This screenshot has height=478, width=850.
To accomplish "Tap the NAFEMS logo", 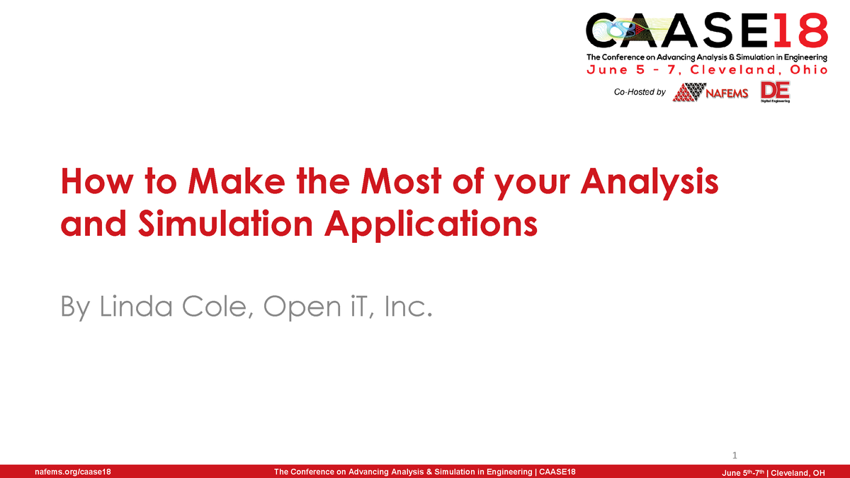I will pos(710,93).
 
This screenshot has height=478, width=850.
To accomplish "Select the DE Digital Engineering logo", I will pos(775,92).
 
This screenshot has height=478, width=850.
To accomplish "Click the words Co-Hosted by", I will pos(640,92).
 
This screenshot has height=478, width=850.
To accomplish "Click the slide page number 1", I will pos(735,455).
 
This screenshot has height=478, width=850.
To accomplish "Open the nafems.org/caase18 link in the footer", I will pos(67,472).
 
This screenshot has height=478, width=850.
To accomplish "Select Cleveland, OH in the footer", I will pos(798,472).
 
